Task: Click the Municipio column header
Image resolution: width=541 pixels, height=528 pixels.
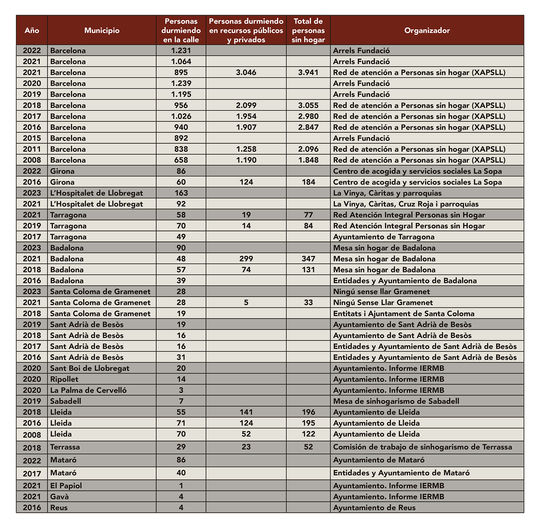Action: (102, 30)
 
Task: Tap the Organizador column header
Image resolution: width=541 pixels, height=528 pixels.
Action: (427, 30)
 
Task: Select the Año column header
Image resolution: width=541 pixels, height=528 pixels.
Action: (32, 30)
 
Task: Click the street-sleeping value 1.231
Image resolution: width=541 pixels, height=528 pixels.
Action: (181, 50)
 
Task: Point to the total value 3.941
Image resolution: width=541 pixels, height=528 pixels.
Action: (308, 73)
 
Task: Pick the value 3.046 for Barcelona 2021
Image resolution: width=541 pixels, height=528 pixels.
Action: (246, 73)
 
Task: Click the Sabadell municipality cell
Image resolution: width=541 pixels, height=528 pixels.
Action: (66, 401)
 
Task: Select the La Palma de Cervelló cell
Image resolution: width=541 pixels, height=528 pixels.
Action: (88, 390)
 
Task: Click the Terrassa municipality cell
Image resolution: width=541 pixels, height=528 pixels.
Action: (65, 447)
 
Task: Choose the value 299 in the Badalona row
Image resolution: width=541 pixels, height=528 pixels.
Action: (246, 259)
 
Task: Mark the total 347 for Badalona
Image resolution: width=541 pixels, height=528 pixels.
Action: (308, 259)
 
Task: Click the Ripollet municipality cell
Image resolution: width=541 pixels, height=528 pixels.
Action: (64, 379)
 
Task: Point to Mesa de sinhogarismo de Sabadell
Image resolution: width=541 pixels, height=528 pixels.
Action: (396, 401)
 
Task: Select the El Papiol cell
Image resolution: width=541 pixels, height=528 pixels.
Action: (66, 486)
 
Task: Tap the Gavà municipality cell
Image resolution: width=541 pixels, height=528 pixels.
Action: (59, 497)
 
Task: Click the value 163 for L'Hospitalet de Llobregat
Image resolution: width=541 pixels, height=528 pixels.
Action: (181, 193)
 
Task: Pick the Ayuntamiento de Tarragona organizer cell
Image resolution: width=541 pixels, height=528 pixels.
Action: (383, 237)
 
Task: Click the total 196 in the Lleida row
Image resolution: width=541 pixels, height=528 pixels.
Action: (308, 412)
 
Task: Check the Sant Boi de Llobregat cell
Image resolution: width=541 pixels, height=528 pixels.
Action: (90, 368)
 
